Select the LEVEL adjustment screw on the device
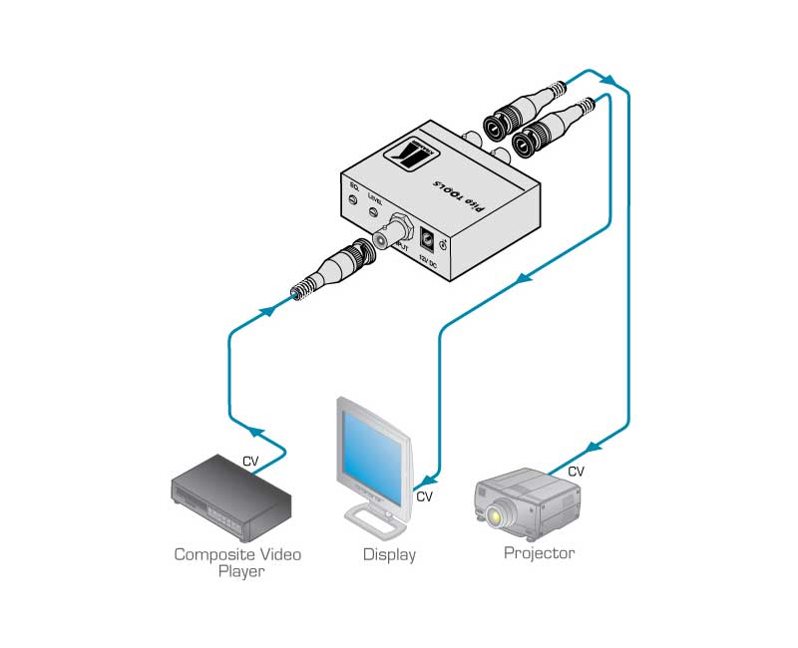point(375,210)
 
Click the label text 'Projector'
point(539,553)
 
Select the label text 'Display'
point(389,554)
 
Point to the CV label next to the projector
point(577,471)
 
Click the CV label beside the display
point(424,495)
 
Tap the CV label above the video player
point(251,461)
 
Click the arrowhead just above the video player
point(257,433)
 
